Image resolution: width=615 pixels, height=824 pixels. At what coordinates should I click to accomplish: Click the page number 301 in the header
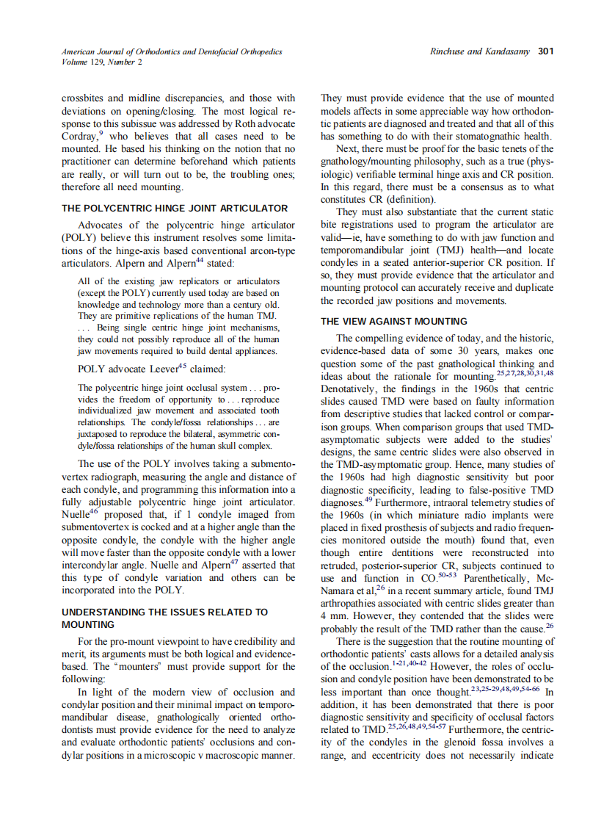pyautogui.click(x=545, y=51)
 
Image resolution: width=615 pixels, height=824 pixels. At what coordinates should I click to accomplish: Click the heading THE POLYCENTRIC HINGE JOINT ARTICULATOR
pyautogui.click(x=175, y=208)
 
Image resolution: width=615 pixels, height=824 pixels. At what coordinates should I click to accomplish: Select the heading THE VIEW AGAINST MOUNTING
pyautogui.click(x=394, y=321)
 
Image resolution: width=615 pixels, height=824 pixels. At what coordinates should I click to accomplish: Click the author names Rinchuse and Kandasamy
pyautogui.click(x=480, y=51)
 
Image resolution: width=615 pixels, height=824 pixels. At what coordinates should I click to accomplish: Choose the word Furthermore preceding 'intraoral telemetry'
pyautogui.click(x=405, y=502)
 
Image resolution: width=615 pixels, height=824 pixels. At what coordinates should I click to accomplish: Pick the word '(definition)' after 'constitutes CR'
pyautogui.click(x=410, y=199)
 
